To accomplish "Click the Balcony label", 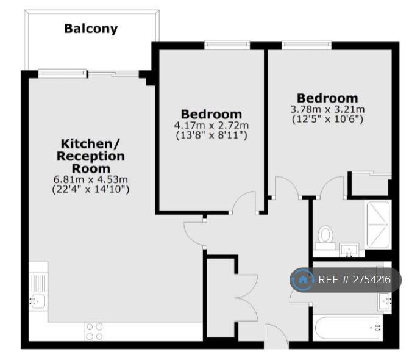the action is [91, 29].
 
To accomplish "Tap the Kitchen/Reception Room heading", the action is [90, 156].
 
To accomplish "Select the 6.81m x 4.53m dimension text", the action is [90, 179].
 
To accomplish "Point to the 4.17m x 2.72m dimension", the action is [212, 126].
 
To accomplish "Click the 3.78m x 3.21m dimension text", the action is [327, 109].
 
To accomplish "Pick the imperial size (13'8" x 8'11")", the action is [212, 135].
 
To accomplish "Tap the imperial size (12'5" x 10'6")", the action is [327, 120].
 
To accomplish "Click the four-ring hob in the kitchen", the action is [94, 331].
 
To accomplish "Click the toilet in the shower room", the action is [325, 237].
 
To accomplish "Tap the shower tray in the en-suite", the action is [379, 225].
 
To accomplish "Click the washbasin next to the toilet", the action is [349, 250].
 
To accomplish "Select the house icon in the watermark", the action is [302, 280].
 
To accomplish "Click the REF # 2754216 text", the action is [355, 280].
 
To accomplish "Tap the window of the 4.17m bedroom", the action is [227, 45].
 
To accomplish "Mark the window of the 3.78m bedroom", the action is [307, 45].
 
